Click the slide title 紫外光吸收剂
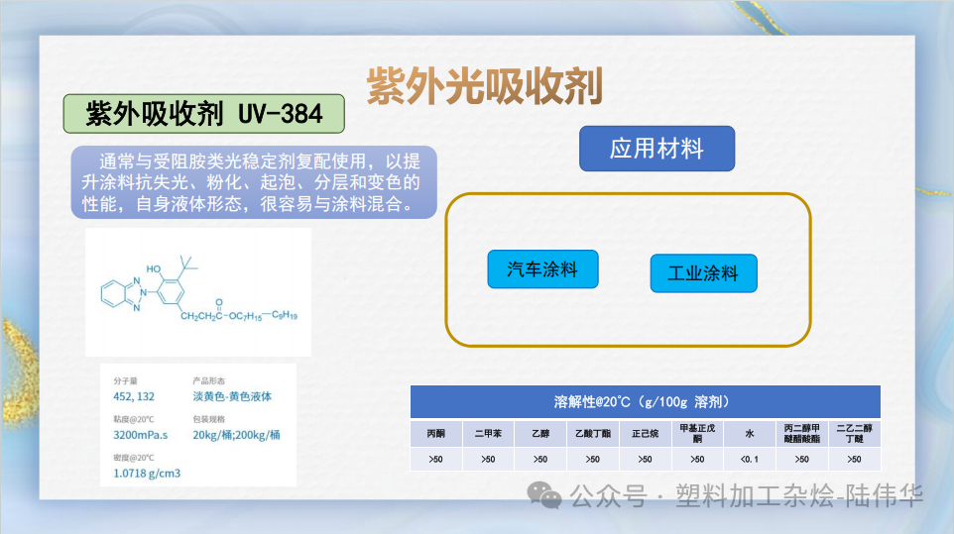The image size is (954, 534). point(484,87)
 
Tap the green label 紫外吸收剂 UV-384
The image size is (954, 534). point(204,114)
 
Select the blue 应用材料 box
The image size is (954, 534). point(656,149)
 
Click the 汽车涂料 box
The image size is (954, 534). point(542,268)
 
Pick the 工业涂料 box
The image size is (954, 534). point(703,272)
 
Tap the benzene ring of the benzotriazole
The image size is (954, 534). point(112,293)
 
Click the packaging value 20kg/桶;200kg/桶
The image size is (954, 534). point(236,435)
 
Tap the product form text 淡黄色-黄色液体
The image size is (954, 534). point(232,396)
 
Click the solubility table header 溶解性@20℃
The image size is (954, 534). point(645,401)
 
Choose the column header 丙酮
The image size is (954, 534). point(436,433)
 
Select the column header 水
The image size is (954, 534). point(750,433)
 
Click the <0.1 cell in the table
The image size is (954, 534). point(750,459)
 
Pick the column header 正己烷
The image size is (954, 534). point(645,433)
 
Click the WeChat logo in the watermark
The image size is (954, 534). point(544,494)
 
